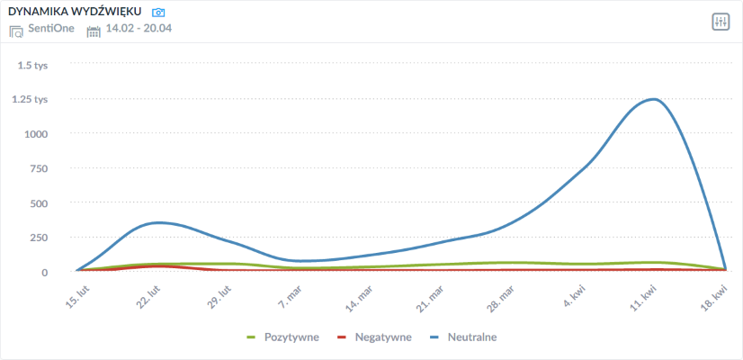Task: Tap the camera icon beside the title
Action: pyautogui.click(x=158, y=13)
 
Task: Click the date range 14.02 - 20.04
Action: pyautogui.click(x=139, y=30)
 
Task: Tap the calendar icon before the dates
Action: pyautogui.click(x=94, y=31)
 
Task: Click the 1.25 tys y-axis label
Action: pyautogui.click(x=30, y=100)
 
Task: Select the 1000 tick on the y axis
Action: pyautogui.click(x=35, y=134)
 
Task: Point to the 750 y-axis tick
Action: pyautogui.click(x=39, y=168)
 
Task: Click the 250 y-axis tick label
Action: pyautogui.click(x=39, y=238)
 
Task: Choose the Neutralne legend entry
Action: pyautogui.click(x=462, y=337)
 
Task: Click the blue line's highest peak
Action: pyautogui.click(x=654, y=99)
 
